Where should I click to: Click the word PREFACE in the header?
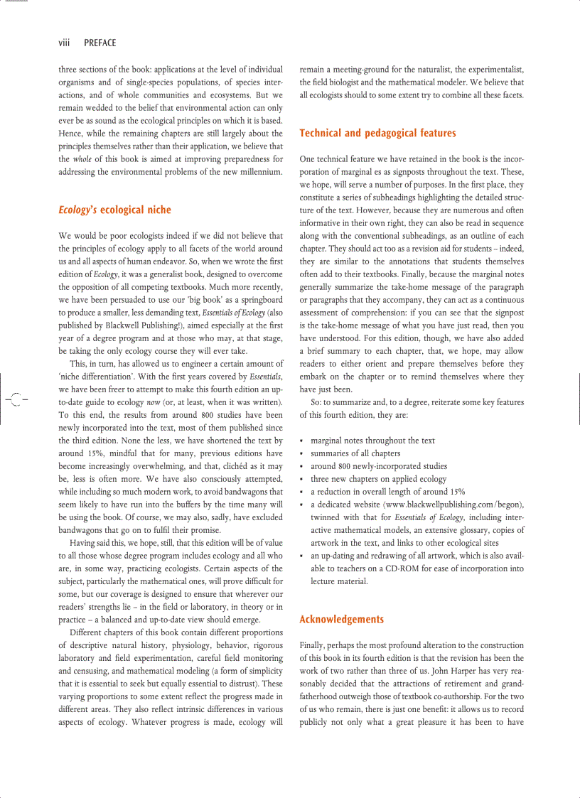(x=100, y=43)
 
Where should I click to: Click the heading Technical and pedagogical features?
(x=377, y=133)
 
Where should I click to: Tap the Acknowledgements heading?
(x=341, y=619)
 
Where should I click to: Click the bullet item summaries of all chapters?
(x=355, y=453)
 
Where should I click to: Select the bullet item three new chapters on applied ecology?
(x=378, y=479)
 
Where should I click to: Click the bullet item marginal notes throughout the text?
(x=372, y=441)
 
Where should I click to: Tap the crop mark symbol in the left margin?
(x=15, y=399)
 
